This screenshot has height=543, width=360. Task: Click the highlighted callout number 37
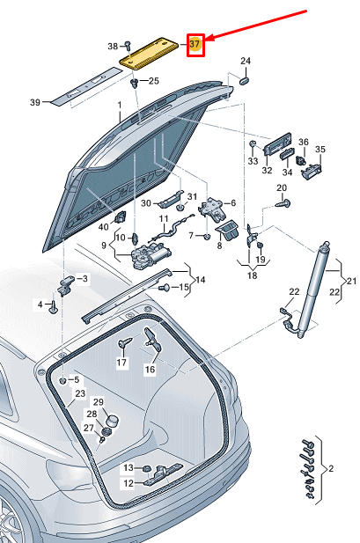pyautogui.click(x=195, y=43)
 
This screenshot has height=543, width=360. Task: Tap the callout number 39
pyautogui.click(x=35, y=103)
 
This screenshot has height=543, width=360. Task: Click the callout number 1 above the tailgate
pyautogui.click(x=120, y=105)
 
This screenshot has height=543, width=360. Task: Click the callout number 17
pyautogui.click(x=121, y=363)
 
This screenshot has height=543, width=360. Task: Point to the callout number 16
pyautogui.click(x=150, y=371)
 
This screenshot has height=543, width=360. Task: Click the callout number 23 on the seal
pyautogui.click(x=79, y=393)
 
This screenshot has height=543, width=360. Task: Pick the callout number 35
pyautogui.click(x=320, y=150)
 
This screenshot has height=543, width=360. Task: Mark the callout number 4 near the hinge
pyautogui.click(x=39, y=305)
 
